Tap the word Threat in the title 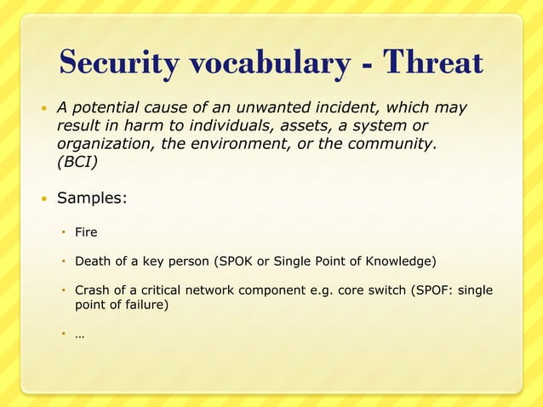click(x=433, y=63)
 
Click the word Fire click(x=86, y=232)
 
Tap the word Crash click(x=93, y=289)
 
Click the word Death click(x=94, y=261)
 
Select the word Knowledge click(x=404, y=261)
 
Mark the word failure click(x=141, y=305)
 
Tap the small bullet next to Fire click(x=63, y=232)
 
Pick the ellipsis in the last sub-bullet click(x=79, y=335)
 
